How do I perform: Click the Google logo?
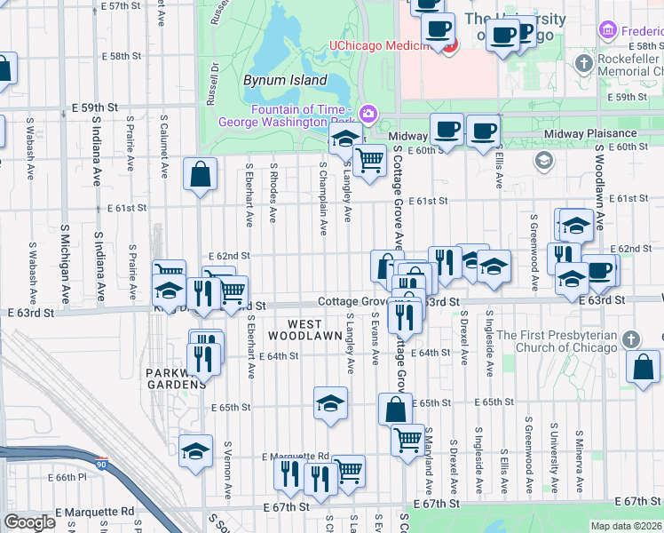(x=30, y=522)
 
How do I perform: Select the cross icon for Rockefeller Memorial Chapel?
(x=583, y=63)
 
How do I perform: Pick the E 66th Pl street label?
(x=64, y=477)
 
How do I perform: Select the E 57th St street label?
(x=121, y=5)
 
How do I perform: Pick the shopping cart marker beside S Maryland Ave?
(x=407, y=439)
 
